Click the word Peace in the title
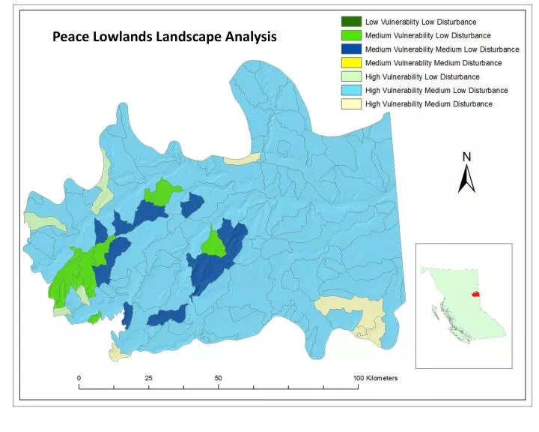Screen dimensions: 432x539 point(71,36)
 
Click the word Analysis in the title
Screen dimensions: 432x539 point(249,36)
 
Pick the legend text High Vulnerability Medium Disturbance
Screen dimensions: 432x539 point(428,103)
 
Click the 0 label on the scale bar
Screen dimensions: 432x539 point(79,378)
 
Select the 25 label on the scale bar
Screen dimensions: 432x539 point(148,378)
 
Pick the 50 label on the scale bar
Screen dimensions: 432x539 point(218,378)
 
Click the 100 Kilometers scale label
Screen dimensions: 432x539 point(376,378)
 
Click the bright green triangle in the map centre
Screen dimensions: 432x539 point(214,243)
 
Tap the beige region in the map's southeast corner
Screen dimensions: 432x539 point(352,310)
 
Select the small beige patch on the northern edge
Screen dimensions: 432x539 point(243,159)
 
